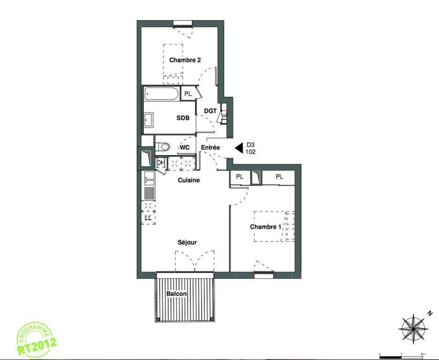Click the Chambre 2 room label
185,60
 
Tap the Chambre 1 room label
266,227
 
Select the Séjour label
187,242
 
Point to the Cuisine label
189,180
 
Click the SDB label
183,118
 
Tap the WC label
185,148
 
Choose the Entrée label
210,147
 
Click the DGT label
210,111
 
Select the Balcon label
176,293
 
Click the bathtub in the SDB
162,94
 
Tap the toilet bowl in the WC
163,147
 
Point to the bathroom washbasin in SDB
149,120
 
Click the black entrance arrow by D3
239,148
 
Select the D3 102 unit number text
251,149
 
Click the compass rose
413,328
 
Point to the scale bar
401,356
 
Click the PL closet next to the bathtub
188,94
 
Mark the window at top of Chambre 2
183,23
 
